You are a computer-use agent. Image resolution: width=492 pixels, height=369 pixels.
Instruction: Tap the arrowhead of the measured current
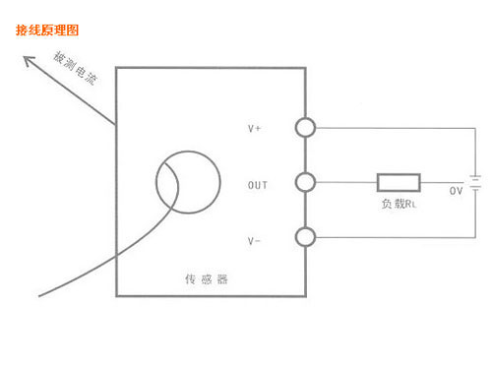pyautogui.click(x=30, y=62)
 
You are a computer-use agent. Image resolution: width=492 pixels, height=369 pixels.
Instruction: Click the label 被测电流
pyautogui.click(x=75, y=69)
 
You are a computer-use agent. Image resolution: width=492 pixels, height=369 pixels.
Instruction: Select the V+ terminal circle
pyautogui.click(x=306, y=128)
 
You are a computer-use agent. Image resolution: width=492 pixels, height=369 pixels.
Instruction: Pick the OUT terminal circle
pyautogui.click(x=306, y=182)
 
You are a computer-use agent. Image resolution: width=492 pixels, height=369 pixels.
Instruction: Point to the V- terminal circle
pyautogui.click(x=306, y=236)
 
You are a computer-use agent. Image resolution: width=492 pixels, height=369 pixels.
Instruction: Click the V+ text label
pyautogui.click(x=253, y=129)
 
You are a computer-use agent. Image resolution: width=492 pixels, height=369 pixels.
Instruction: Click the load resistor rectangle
pyautogui.click(x=399, y=182)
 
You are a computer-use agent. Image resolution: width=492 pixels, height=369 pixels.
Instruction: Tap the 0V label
pyautogui.click(x=456, y=190)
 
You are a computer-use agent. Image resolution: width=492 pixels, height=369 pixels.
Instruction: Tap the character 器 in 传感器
pyautogui.click(x=222, y=279)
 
